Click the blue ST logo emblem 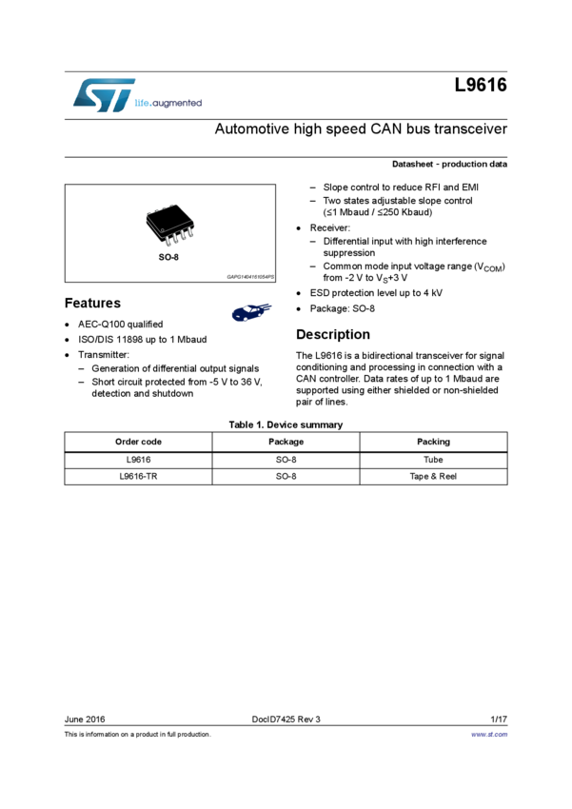[101, 94]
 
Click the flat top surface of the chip [168, 216]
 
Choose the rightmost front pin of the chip [191, 231]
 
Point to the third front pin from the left [182, 235]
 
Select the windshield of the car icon [247, 308]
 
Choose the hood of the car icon [239, 312]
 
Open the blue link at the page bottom [490, 735]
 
